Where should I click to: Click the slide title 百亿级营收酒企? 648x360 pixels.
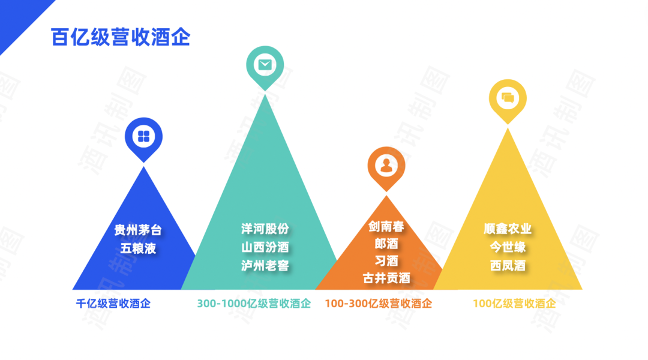click(121, 37)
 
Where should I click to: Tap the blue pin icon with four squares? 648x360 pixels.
click(143, 136)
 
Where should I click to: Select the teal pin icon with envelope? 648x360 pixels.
click(265, 64)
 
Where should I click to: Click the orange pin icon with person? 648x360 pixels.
click(386, 165)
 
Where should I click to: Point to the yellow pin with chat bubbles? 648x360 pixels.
click(508, 98)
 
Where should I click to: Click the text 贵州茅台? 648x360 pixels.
click(138, 230)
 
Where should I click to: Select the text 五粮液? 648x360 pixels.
click(138, 248)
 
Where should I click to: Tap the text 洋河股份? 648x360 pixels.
click(265, 229)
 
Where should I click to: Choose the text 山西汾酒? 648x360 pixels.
click(265, 247)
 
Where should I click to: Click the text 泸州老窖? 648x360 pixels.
click(265, 265)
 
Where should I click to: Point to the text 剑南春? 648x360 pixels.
click(386, 227)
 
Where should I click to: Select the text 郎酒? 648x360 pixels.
click(386, 244)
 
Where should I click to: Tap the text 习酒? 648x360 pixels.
click(386, 261)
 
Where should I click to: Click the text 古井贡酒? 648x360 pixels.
click(386, 278)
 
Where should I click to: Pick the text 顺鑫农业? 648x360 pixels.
click(508, 229)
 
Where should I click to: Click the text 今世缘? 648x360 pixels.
click(508, 247)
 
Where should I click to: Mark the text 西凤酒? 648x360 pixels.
click(508, 265)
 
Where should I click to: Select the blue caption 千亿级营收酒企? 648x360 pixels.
click(113, 304)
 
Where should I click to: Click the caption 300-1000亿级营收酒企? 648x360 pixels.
click(254, 304)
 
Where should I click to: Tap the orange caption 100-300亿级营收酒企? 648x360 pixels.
click(378, 304)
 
